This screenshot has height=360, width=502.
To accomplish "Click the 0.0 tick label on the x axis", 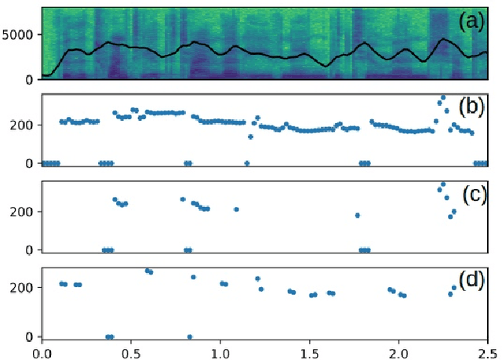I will [42, 351].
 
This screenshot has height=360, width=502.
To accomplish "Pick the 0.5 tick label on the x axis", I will [131, 351].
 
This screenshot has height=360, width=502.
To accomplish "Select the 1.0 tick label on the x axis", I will [220, 351].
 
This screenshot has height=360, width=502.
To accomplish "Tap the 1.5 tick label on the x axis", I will [310, 351].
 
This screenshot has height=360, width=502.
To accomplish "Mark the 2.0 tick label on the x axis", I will [398, 351].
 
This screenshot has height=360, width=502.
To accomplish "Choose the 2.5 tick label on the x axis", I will [487, 351].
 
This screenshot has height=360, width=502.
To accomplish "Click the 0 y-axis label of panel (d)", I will [32, 336].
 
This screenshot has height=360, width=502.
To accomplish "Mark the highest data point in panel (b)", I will [443, 98].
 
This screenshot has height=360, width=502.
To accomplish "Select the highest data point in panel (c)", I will [443, 184].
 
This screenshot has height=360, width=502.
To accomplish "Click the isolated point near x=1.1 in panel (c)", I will [236, 209].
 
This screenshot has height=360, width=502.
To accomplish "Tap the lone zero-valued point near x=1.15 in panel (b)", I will [247, 163].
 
